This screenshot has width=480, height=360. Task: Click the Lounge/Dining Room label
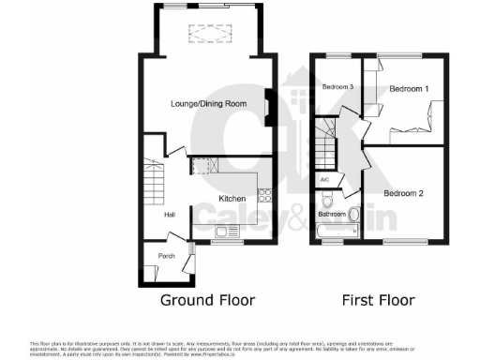(207, 104)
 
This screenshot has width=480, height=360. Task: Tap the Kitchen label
(232, 199)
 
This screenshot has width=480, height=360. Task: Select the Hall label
(170, 215)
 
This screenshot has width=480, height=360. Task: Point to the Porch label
(166, 256)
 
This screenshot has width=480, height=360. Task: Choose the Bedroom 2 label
(407, 193)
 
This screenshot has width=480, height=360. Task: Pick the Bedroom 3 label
(337, 87)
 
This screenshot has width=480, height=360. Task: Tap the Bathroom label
(332, 215)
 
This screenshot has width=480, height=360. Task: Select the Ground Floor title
(207, 300)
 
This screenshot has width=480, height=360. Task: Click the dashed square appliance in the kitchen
(200, 166)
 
